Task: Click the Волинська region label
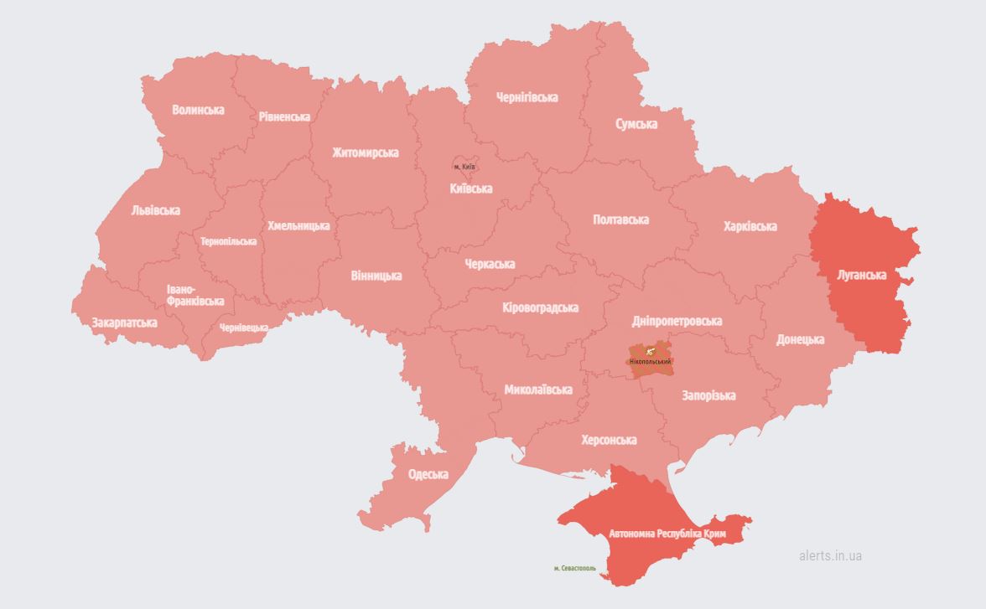click(x=198, y=110)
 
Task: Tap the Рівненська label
click(x=284, y=117)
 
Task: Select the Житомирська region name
click(x=365, y=153)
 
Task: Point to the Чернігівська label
click(x=526, y=98)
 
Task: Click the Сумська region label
click(x=636, y=124)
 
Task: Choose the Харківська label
click(x=750, y=226)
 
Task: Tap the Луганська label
click(x=862, y=275)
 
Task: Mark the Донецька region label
click(x=800, y=340)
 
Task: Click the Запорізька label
click(x=708, y=395)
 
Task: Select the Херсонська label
click(x=609, y=440)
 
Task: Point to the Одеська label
click(x=428, y=475)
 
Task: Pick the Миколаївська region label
click(x=538, y=390)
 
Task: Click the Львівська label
click(x=155, y=211)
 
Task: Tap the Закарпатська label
click(x=124, y=323)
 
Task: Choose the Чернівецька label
click(x=244, y=328)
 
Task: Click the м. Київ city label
click(x=464, y=167)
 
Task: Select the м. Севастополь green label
click(x=575, y=568)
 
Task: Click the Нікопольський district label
click(x=651, y=361)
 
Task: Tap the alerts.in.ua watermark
click(x=830, y=555)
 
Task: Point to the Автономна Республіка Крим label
click(x=667, y=534)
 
